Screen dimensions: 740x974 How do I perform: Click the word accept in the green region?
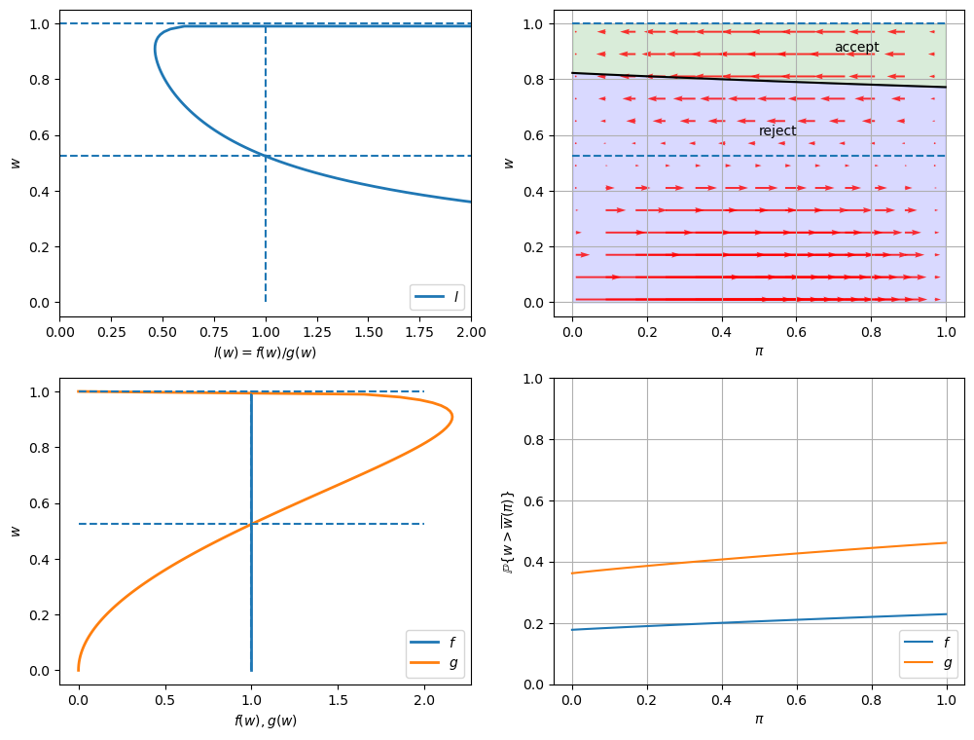pyautogui.click(x=856, y=47)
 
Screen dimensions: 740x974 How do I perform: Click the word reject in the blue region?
pyautogui.click(x=777, y=130)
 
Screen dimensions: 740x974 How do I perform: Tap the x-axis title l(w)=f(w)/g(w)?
pyautogui.click(x=265, y=352)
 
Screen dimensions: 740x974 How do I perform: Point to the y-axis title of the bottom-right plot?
pyautogui.click(x=507, y=531)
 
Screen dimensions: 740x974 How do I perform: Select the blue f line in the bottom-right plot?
pyautogui.click(x=759, y=621)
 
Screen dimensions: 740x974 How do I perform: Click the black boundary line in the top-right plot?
pyautogui.click(x=759, y=83)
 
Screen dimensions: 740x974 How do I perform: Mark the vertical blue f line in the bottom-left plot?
pyautogui.click(x=251, y=584)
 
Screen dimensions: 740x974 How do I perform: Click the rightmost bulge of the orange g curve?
pyautogui.click(x=451, y=417)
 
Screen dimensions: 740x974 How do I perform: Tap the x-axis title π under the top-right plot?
pyautogui.click(x=759, y=351)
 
